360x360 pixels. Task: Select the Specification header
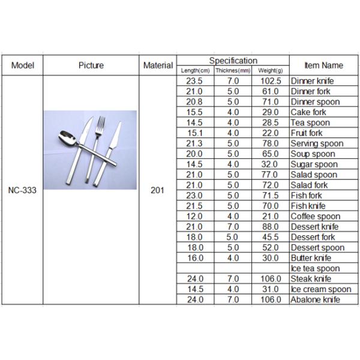point(233,61)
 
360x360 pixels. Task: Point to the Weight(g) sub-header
point(271,71)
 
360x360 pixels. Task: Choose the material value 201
point(158,195)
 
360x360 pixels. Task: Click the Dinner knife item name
point(313,81)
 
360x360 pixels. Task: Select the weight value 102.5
point(271,81)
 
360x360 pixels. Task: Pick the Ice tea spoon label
point(315,268)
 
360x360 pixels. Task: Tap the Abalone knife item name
point(316,299)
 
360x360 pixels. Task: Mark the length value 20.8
point(194,102)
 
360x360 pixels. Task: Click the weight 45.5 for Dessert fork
point(271,237)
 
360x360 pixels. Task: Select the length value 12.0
point(194,217)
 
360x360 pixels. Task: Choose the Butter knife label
point(311,258)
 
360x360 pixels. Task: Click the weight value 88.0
point(271,227)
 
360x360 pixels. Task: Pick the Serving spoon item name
point(317,144)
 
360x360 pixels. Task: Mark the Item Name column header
point(323,65)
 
